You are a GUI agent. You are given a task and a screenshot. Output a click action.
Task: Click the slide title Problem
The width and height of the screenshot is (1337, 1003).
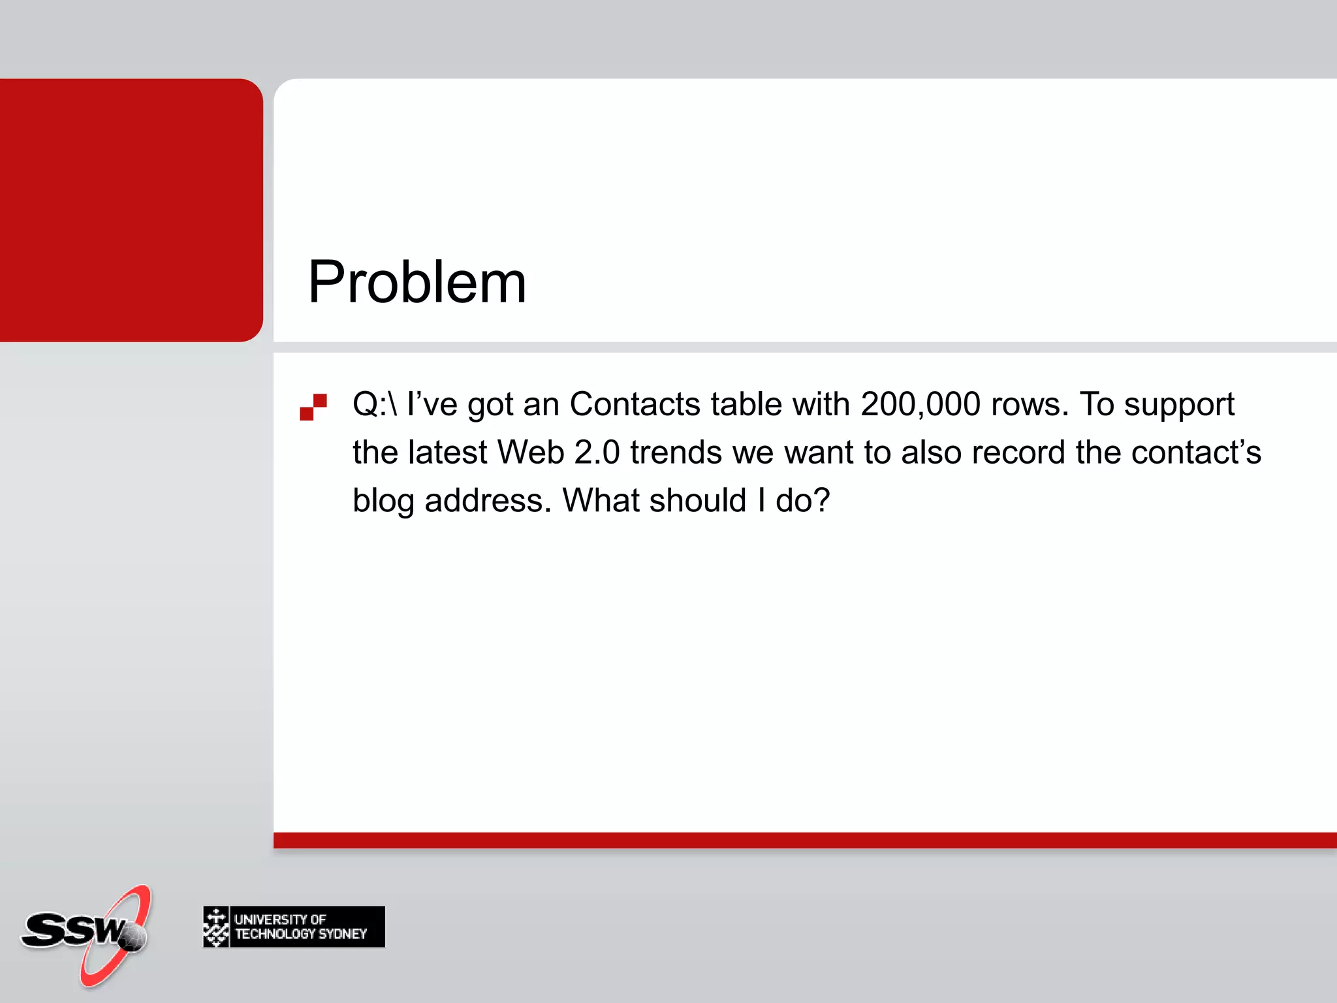pyautogui.click(x=417, y=282)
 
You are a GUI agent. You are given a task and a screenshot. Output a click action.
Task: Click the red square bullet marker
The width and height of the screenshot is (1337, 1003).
pyautogui.click(x=313, y=406)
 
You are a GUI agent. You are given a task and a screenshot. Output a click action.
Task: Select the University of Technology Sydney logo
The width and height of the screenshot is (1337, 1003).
pyautogui.click(x=294, y=927)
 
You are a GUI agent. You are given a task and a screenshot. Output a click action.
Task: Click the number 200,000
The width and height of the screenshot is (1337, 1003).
pyautogui.click(x=920, y=404)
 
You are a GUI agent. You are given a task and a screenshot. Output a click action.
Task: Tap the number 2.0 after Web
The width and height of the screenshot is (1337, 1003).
pyautogui.click(x=597, y=453)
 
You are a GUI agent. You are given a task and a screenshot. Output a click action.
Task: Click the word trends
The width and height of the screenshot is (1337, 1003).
pyautogui.click(x=675, y=453)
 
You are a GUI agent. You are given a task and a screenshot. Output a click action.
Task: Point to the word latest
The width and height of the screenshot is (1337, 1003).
pyautogui.click(x=447, y=453)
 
